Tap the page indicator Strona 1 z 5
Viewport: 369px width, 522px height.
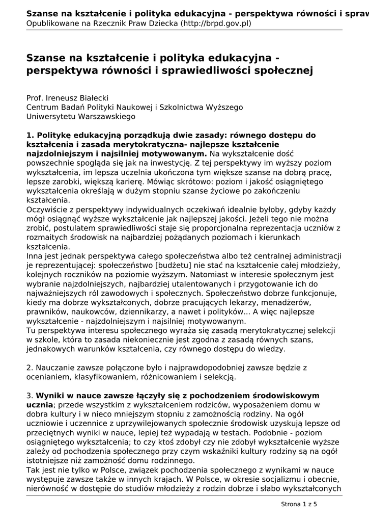(x=299, y=504)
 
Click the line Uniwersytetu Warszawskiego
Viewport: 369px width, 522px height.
(x=81, y=116)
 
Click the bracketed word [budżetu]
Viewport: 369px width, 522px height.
(x=179, y=266)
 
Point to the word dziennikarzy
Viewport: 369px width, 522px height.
(x=159, y=312)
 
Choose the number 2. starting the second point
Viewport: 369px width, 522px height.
(x=30, y=368)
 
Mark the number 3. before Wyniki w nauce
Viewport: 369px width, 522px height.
(x=30, y=396)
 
